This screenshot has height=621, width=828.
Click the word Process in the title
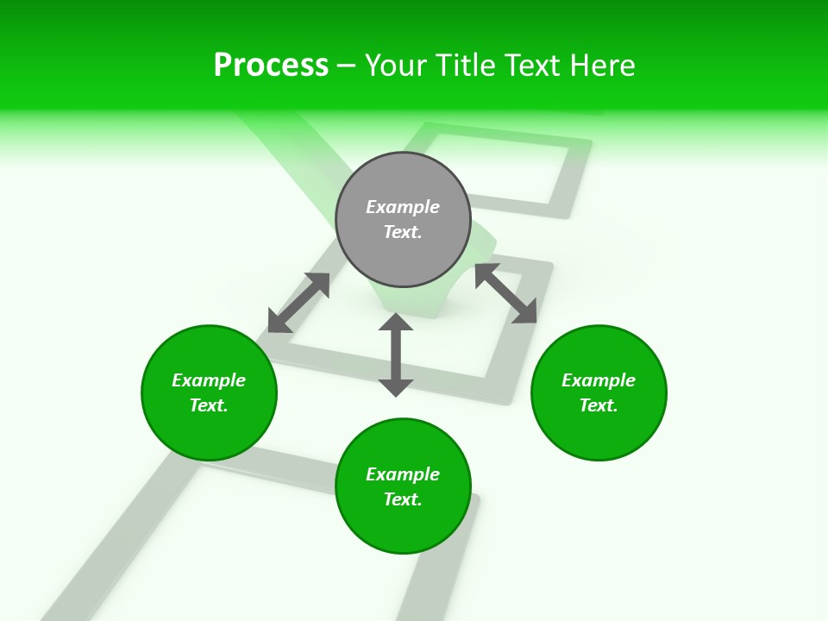[x=271, y=66]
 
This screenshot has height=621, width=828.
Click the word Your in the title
[x=396, y=66]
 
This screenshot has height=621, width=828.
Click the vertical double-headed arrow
[x=396, y=354]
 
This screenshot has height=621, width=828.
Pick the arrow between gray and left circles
[x=298, y=303]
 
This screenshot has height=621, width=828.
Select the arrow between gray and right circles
[x=505, y=293]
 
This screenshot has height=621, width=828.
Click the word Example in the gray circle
[x=403, y=207]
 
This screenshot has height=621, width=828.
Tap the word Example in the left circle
[x=209, y=380]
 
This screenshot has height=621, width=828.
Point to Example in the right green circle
[x=599, y=380]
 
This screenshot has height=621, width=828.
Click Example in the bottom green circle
[x=403, y=474]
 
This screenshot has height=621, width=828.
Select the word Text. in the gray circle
[x=403, y=232]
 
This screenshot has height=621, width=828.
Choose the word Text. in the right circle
[x=599, y=405]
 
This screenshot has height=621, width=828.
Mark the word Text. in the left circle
[x=209, y=405]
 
